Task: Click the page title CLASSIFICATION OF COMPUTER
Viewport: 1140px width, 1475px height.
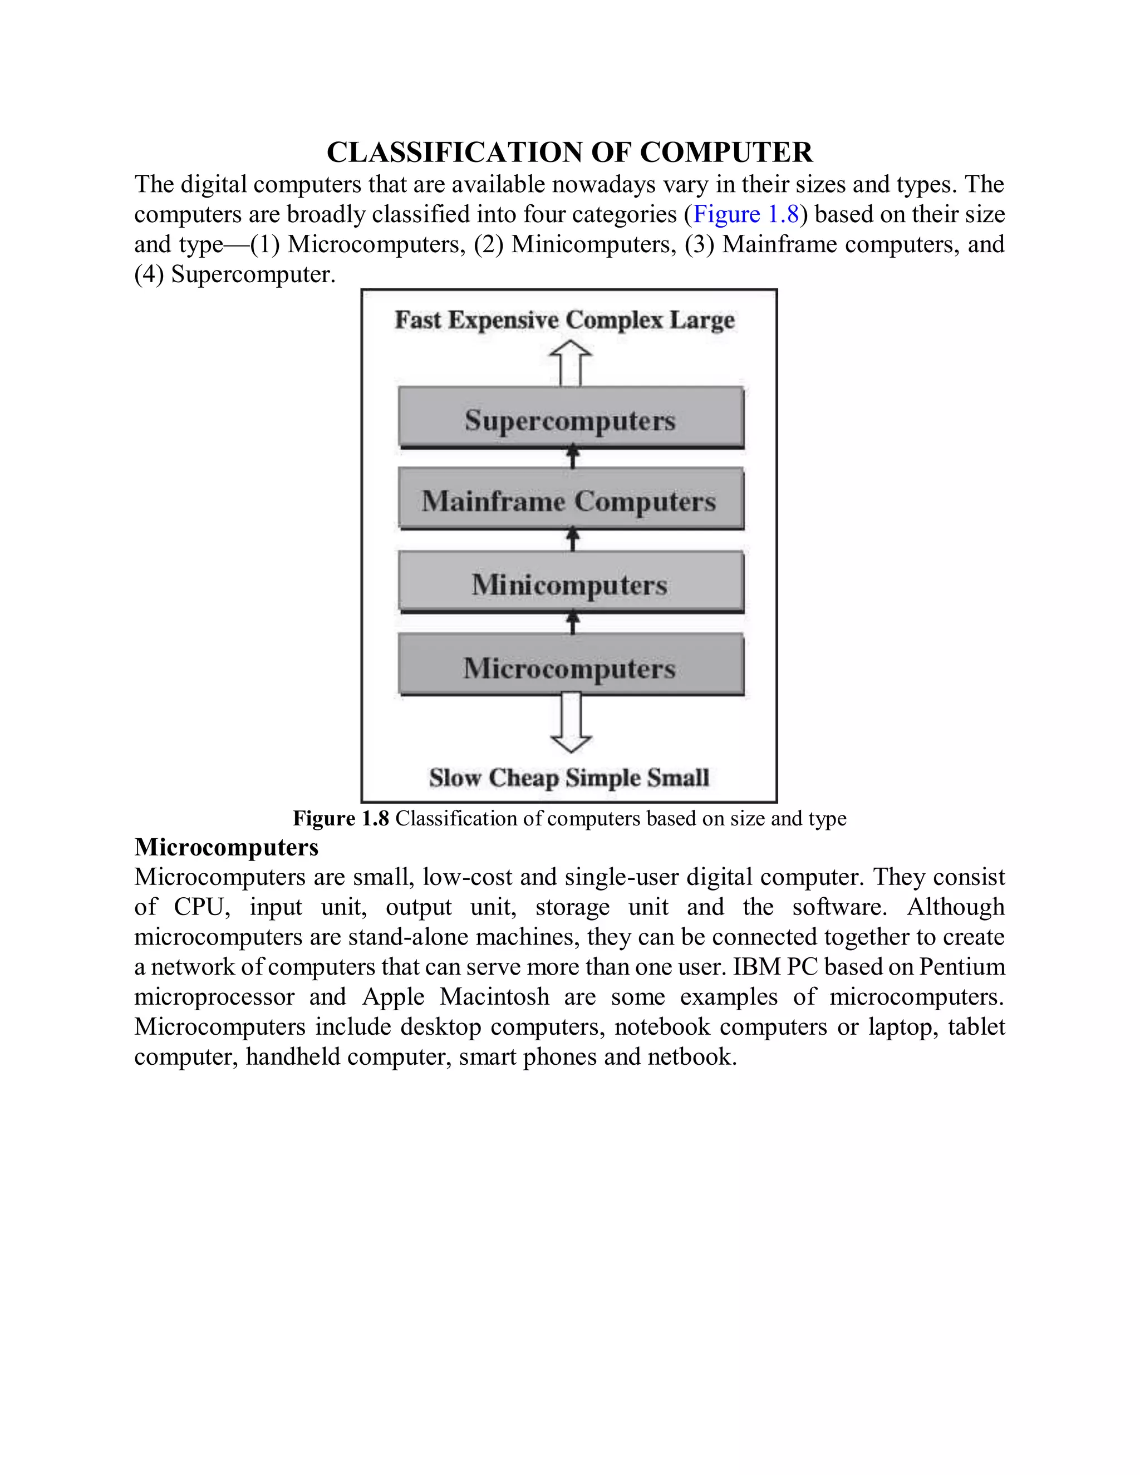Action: pos(569,153)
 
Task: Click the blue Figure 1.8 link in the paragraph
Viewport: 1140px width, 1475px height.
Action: pos(745,214)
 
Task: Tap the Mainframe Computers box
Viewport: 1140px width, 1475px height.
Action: pos(571,500)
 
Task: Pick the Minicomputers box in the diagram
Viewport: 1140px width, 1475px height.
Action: pos(571,583)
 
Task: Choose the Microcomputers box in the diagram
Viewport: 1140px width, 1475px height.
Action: pos(571,667)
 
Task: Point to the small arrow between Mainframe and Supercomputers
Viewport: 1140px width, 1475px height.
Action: pos(573,457)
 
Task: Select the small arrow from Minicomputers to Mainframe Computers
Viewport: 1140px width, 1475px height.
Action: pos(573,539)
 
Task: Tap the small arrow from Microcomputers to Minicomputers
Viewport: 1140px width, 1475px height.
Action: pos(573,622)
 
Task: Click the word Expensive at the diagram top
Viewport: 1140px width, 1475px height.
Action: pos(503,320)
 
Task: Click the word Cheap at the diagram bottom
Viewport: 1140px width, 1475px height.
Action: pos(523,778)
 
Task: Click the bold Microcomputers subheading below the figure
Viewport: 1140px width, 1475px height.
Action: pos(226,847)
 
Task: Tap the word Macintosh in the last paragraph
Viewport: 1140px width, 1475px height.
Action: pos(494,997)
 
